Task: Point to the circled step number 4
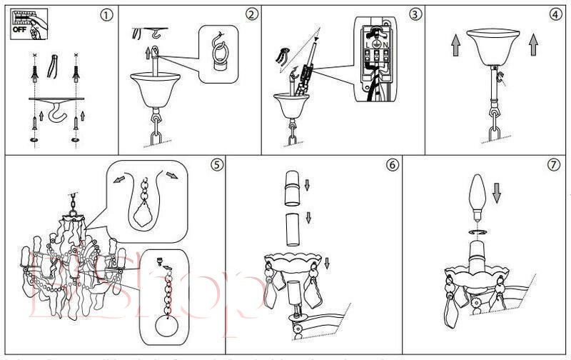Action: click(556, 14)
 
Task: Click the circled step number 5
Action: click(217, 164)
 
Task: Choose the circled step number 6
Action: click(392, 164)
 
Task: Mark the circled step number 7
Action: click(553, 164)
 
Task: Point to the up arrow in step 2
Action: click(148, 51)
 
